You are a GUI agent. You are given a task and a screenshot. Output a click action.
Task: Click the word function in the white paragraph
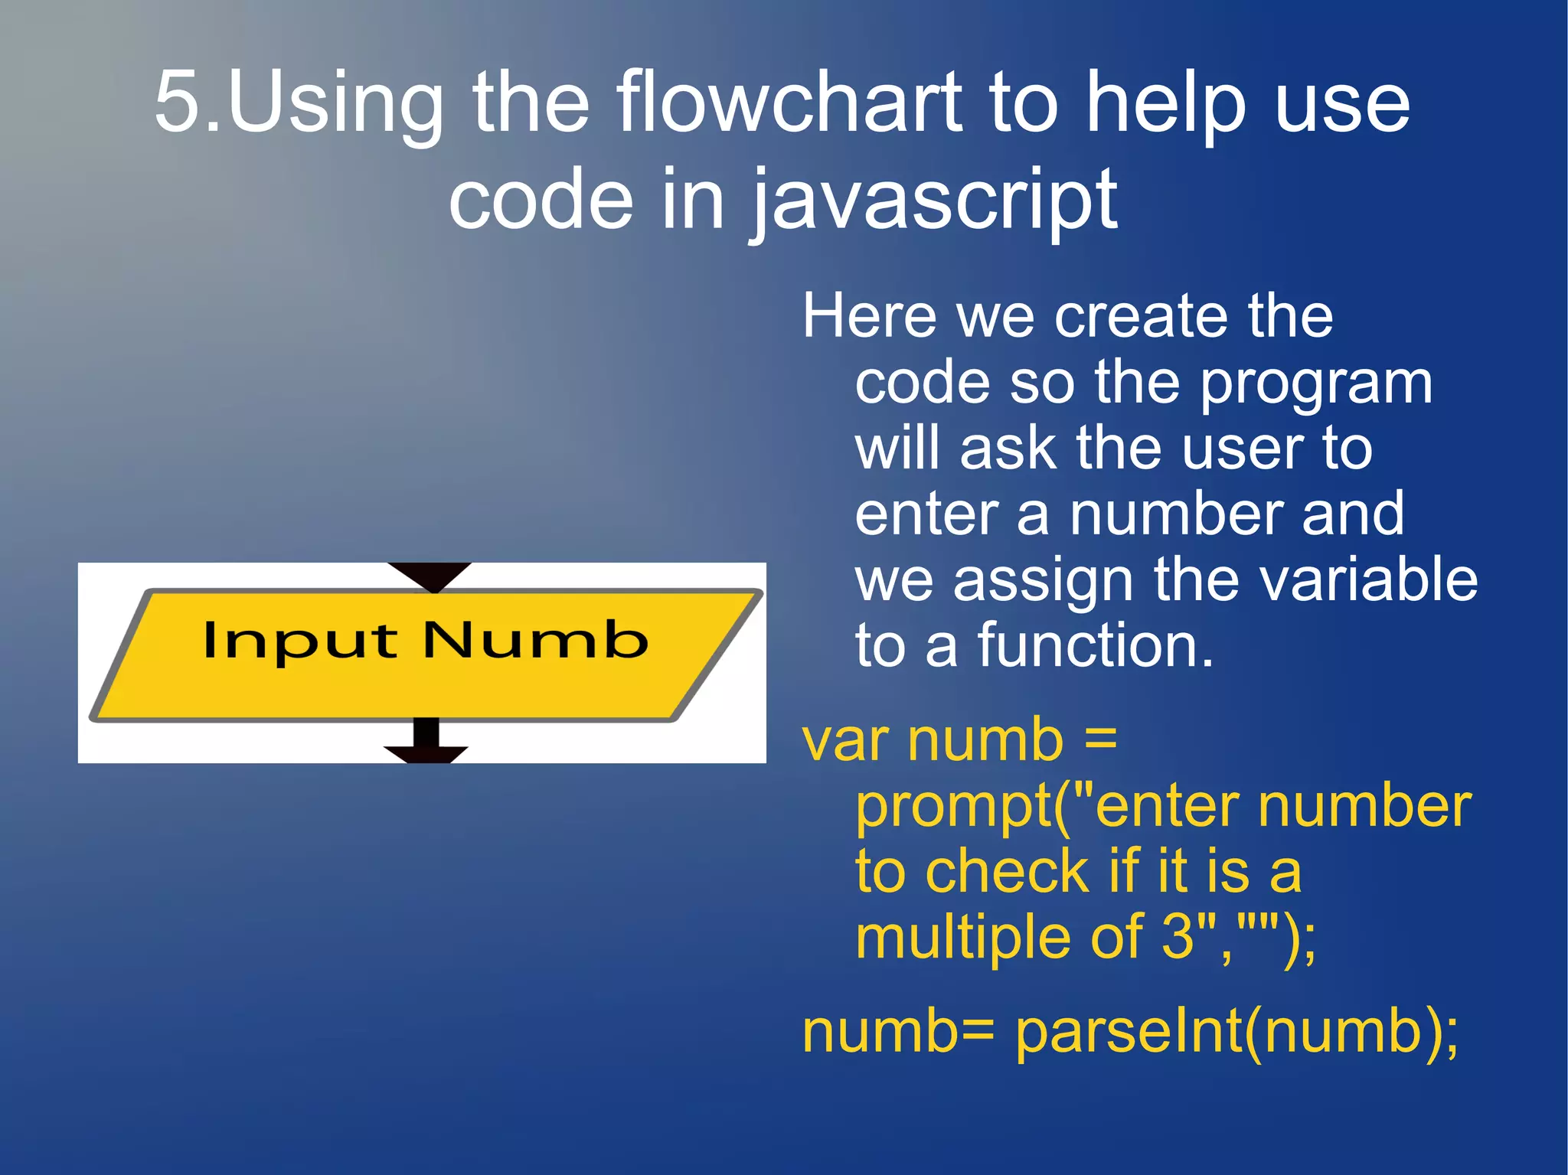(x=1087, y=645)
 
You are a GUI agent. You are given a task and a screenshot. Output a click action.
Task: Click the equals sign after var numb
(x=1101, y=740)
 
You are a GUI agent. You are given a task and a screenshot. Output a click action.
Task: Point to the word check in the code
(x=1008, y=872)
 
